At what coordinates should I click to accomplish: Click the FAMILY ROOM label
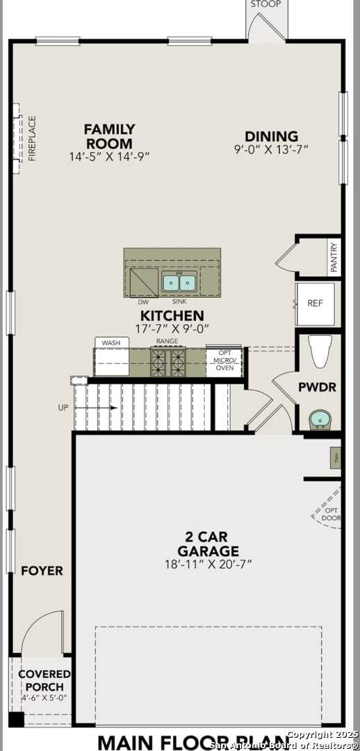pyautogui.click(x=109, y=136)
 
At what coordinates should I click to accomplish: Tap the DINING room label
pyautogui.click(x=271, y=137)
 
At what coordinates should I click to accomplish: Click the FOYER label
pyautogui.click(x=42, y=571)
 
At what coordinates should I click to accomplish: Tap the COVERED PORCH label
pyautogui.click(x=44, y=680)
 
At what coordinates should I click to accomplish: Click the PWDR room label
pyautogui.click(x=318, y=387)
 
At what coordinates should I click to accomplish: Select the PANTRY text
pyautogui.click(x=334, y=257)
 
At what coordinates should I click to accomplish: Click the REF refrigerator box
pyautogui.click(x=316, y=304)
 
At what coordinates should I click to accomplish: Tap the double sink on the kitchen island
pyautogui.click(x=179, y=282)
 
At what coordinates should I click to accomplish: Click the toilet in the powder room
pyautogui.click(x=320, y=351)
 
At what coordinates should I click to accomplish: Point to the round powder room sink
pyautogui.click(x=320, y=419)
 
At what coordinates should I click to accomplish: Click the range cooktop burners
pyautogui.click(x=168, y=362)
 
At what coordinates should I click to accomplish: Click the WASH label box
pyautogui.click(x=111, y=343)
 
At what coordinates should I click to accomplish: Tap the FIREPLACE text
pyautogui.click(x=32, y=138)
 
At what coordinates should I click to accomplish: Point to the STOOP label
pyautogui.click(x=265, y=4)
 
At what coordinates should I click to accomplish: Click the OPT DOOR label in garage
pyautogui.click(x=332, y=515)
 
